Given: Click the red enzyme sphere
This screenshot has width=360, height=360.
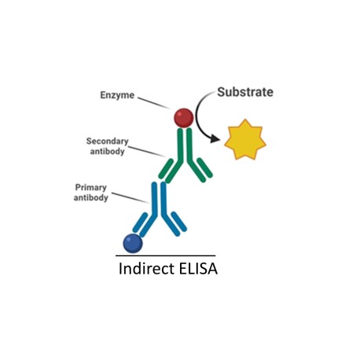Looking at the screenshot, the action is [x=184, y=118].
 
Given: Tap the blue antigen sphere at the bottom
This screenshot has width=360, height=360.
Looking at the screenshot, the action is [x=133, y=243].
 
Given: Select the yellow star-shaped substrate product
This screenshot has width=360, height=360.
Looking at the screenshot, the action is [x=245, y=140].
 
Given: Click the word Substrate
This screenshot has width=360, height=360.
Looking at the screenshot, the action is [x=245, y=92].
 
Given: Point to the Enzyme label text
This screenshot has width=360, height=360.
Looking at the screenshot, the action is [x=117, y=95].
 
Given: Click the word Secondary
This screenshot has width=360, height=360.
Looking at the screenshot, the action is [x=108, y=141].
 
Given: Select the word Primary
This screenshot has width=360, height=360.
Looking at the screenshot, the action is [x=91, y=187].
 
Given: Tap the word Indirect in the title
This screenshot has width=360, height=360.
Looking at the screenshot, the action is [x=146, y=269].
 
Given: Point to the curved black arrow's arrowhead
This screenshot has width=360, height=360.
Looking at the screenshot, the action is [x=215, y=139].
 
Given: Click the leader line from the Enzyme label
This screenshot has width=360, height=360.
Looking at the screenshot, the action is [x=154, y=103].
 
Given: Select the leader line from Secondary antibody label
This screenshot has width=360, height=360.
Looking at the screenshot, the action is [x=147, y=152].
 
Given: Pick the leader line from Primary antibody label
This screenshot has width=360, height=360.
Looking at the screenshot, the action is [x=130, y=198].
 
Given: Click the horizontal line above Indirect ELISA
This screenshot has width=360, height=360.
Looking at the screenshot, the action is [x=166, y=255].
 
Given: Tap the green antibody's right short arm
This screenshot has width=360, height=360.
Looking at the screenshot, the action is [x=205, y=167].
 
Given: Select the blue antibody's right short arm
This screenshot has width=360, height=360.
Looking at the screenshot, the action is [x=179, y=222].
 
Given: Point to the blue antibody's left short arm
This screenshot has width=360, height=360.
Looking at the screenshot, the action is [x=140, y=222].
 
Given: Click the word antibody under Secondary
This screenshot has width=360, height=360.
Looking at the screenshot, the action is [x=108, y=152].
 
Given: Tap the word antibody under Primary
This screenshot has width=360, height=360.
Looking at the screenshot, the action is [x=91, y=197].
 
